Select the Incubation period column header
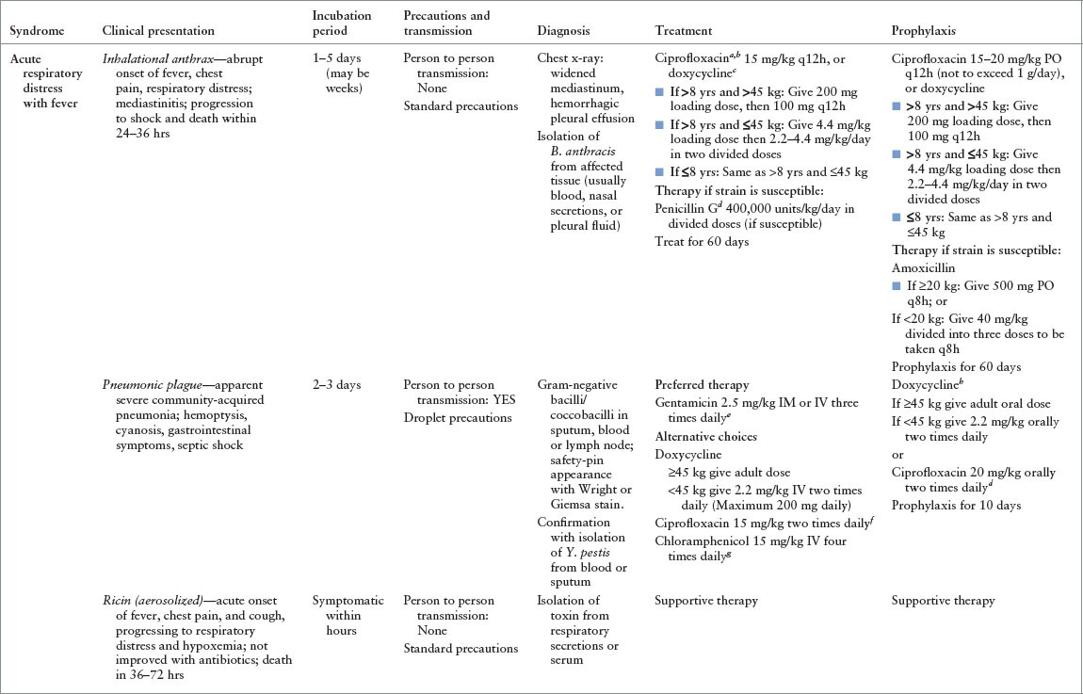tap(342, 24)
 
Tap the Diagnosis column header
tap(564, 31)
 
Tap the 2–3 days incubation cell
tap(336, 385)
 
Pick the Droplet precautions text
tap(458, 417)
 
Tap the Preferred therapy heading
tap(702, 385)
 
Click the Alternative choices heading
tap(704, 436)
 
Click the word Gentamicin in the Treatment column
tap(686, 403)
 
